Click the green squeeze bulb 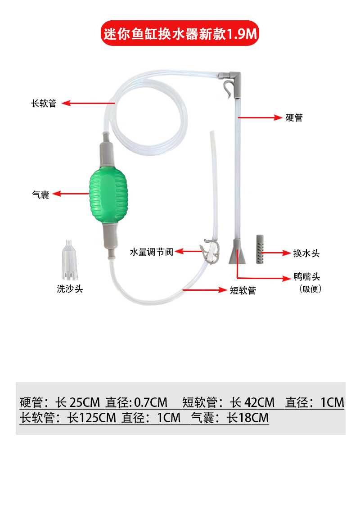pos(108,196)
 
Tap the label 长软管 pos(44,104)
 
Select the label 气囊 pos(40,194)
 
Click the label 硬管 pos(294,117)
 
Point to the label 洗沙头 pos(70,289)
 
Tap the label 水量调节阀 pos(152,252)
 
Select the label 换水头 pos(306,253)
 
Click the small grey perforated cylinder pos(260,249)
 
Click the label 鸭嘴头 pos(306,276)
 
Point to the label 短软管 pos(243,290)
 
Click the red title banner pos(180,33)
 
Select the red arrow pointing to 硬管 pos(260,117)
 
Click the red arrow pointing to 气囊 pos(71,194)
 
